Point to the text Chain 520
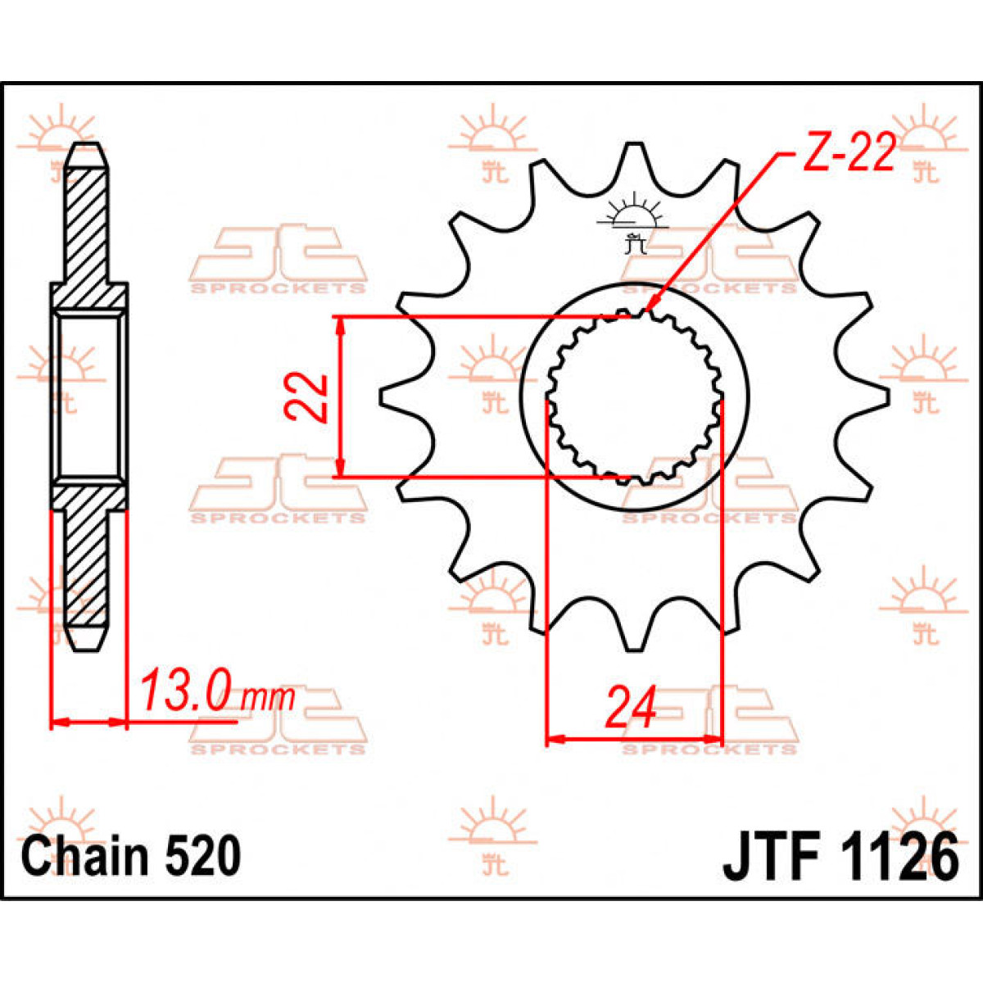(131, 856)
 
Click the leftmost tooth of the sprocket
(392, 397)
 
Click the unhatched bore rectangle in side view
(88, 397)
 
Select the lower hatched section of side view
(88, 565)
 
